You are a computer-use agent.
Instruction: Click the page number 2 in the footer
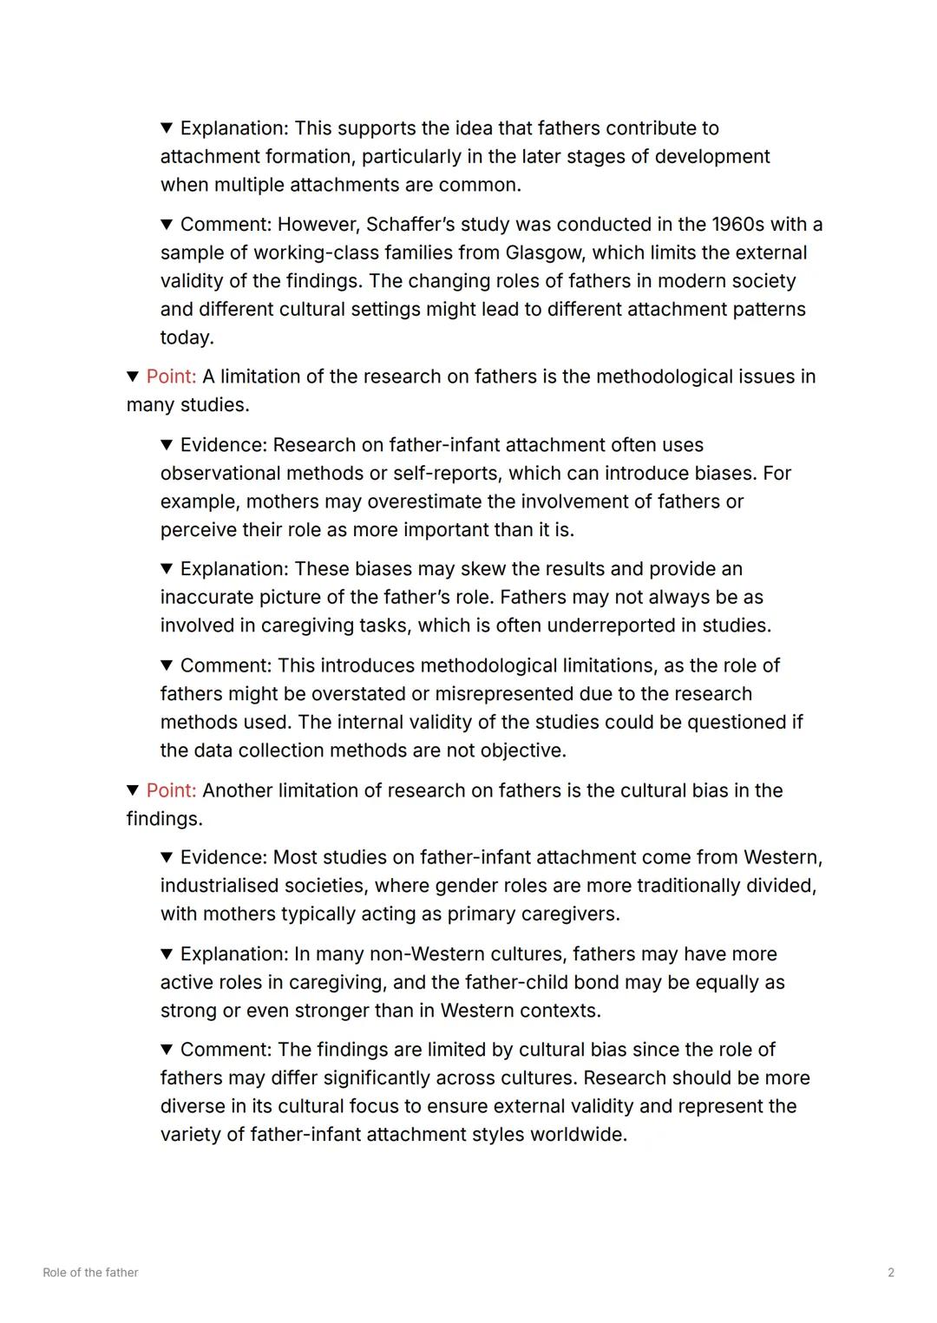[x=891, y=1273]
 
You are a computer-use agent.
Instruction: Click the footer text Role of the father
[x=90, y=1273]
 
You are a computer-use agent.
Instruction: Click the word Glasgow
[x=545, y=252]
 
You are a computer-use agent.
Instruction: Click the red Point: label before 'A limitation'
[x=171, y=377]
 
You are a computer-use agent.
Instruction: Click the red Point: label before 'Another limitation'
[x=171, y=790]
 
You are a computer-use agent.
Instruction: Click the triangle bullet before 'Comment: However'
[x=167, y=225]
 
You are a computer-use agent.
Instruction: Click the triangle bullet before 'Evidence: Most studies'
[x=167, y=858]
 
